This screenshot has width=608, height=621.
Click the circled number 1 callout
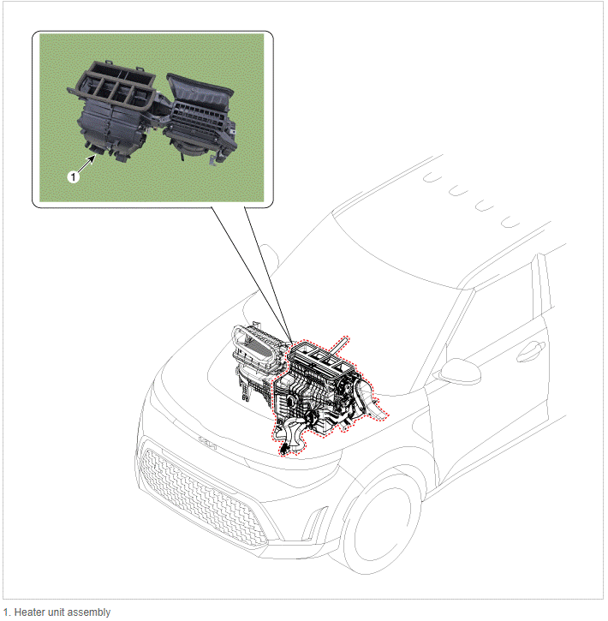74,176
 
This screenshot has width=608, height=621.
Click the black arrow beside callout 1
86,163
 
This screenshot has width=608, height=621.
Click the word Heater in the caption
29,612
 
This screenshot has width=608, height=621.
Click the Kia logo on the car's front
207,443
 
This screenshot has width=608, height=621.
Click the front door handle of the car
531,351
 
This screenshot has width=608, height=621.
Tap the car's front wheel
380,522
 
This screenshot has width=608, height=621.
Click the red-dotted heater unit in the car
325,392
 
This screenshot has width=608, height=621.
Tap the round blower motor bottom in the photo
190,148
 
